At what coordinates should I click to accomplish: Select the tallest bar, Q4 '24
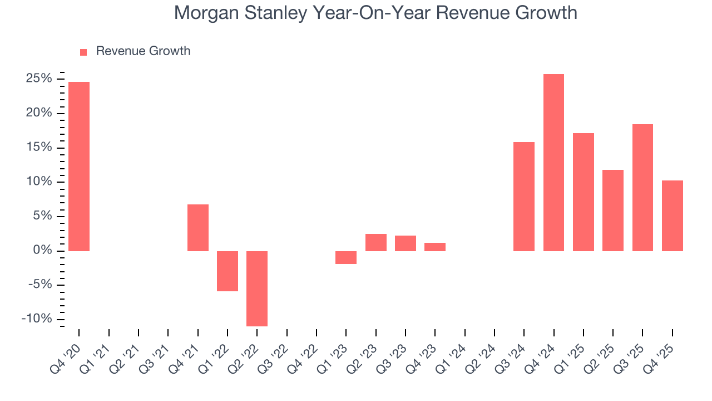(553, 163)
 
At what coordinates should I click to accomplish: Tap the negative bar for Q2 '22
(257, 288)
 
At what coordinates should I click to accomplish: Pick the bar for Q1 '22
(228, 271)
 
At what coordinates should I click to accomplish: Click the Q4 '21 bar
(197, 228)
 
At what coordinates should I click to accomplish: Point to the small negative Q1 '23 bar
(346, 257)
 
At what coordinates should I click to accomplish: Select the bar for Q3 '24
(524, 197)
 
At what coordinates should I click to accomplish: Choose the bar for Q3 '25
(642, 188)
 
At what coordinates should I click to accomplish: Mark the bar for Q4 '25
(672, 216)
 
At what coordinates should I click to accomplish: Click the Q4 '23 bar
(435, 247)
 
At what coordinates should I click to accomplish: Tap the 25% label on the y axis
(39, 79)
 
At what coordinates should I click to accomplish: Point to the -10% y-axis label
(37, 319)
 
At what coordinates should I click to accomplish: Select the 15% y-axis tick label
(39, 148)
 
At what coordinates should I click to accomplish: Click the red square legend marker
(83, 52)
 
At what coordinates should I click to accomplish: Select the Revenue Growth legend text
(143, 51)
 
